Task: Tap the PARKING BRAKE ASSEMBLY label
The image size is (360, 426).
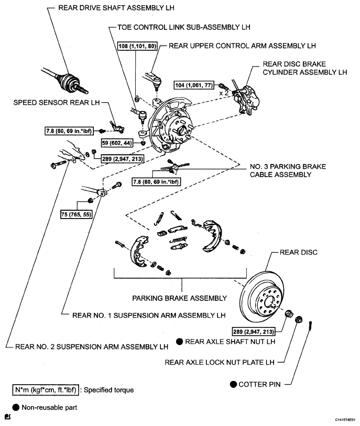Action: pos(179,298)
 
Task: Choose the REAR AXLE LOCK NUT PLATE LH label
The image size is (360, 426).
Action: pos(219,362)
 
